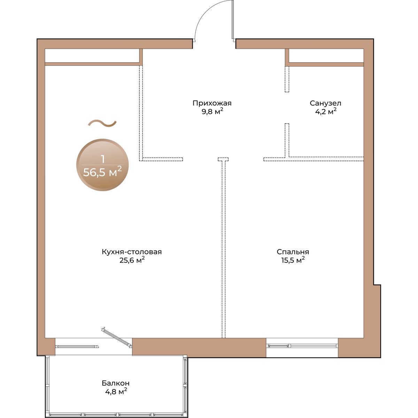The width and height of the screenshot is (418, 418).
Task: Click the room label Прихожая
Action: click(212, 103)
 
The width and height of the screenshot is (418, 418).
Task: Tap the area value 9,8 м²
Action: click(212, 111)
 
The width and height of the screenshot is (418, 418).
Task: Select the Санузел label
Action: click(325, 103)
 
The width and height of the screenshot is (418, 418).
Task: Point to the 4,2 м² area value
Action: click(326, 111)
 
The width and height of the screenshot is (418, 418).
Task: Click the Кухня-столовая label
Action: click(132, 252)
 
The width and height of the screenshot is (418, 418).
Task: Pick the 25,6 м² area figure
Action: click(132, 260)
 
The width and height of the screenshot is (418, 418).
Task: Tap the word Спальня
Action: click(293, 252)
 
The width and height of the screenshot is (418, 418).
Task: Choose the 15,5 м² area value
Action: click(293, 260)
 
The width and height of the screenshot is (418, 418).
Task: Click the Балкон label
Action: click(116, 383)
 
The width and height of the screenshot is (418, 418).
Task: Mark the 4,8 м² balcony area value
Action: click(116, 392)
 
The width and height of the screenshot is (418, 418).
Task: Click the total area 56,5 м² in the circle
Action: click(102, 172)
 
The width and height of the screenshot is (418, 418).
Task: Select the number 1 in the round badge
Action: click(103, 160)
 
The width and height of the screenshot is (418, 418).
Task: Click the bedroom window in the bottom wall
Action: click(302, 346)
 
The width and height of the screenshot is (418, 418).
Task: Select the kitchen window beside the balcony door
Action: click(77, 346)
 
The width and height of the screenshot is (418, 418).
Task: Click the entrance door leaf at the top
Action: click(233, 20)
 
